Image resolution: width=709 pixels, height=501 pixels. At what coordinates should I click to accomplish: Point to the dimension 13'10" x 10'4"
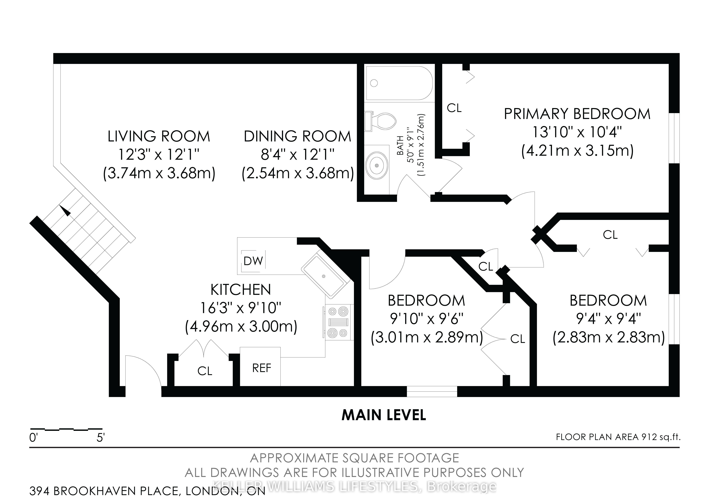[x=577, y=132]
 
